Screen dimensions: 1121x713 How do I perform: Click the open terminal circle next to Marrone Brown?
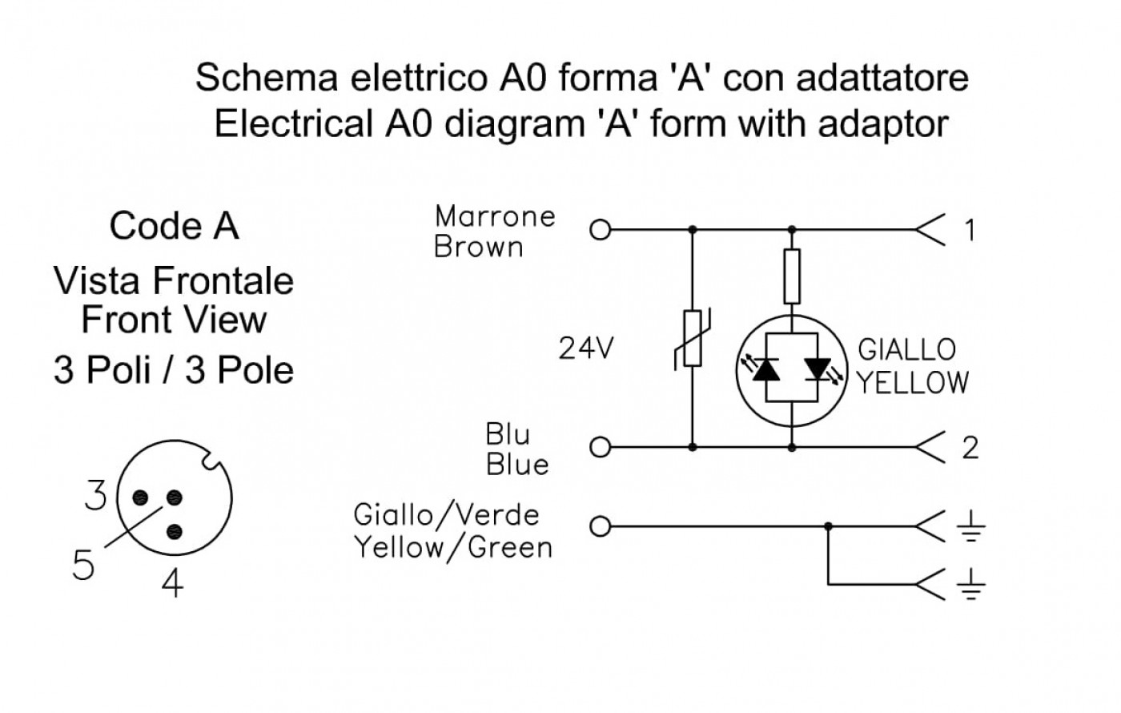tap(600, 231)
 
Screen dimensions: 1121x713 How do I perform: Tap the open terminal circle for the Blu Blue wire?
tap(600, 447)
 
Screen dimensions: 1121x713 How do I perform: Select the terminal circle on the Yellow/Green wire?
tap(600, 527)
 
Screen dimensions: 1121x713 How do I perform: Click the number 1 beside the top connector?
tap(970, 231)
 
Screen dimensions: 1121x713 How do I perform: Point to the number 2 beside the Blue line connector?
tap(970, 448)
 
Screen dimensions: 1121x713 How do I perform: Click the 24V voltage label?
tap(585, 348)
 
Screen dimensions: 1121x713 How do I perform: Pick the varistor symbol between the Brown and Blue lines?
tap(693, 339)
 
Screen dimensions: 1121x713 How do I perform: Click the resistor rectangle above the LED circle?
tap(792, 276)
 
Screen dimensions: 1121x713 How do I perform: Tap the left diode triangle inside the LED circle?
tap(765, 369)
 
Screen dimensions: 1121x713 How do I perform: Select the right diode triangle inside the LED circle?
tap(818, 369)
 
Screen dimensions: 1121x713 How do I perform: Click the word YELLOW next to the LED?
tap(913, 383)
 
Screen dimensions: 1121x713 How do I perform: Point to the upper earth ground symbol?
tap(970, 527)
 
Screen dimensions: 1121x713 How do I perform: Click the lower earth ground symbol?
tap(970, 584)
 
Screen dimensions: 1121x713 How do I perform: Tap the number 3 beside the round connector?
tap(95, 495)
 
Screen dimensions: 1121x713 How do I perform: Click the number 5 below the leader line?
tap(83, 564)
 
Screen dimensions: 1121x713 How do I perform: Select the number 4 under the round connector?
tap(172, 583)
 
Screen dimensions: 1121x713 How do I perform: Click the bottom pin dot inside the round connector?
tap(175, 531)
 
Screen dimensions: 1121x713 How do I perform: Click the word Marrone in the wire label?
tap(495, 216)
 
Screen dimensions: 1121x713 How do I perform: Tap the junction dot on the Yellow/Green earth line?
tap(828, 527)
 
